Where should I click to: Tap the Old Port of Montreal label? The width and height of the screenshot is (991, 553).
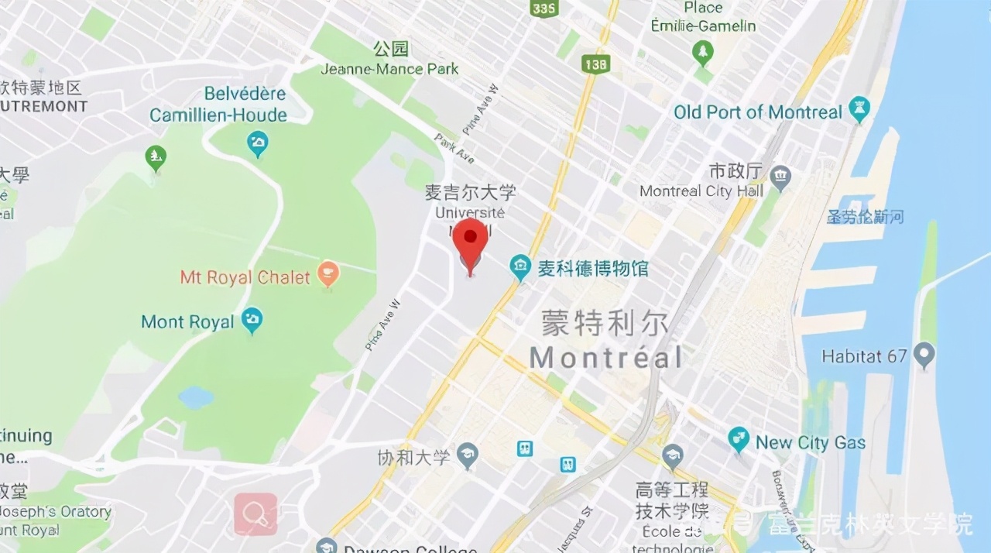click(757, 112)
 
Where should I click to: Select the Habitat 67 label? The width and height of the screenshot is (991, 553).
click(863, 357)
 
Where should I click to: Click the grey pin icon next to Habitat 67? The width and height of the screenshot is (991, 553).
click(924, 355)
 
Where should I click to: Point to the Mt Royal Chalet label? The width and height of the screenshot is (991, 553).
click(245, 277)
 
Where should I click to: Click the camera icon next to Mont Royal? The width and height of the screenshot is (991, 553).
click(252, 319)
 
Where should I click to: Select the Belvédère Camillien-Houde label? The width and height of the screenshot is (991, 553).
click(218, 105)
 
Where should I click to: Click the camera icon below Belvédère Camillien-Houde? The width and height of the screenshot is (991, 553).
click(257, 143)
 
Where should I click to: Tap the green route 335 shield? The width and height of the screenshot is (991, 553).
click(544, 9)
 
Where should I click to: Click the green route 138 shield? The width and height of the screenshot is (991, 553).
click(595, 64)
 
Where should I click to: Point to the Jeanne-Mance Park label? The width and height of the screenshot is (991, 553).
click(389, 69)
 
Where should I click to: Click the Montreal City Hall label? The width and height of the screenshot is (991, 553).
click(701, 191)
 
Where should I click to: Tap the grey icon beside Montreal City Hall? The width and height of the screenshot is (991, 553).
click(781, 177)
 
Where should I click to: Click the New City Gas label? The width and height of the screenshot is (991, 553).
click(811, 443)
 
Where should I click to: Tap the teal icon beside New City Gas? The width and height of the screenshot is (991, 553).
click(739, 440)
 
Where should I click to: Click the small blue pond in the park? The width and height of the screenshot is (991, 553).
click(196, 398)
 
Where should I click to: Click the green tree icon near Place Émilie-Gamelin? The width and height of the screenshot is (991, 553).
click(703, 53)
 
